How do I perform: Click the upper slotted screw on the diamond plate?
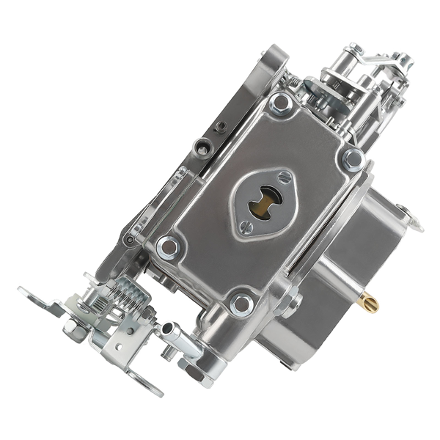click(284, 177)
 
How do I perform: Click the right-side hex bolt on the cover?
click(353, 159)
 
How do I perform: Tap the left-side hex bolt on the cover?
click(168, 247)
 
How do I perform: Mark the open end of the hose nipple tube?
click(167, 328)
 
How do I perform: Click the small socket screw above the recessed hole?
click(220, 127)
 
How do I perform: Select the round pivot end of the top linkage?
click(355, 49)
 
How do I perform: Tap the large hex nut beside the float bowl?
click(290, 301)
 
